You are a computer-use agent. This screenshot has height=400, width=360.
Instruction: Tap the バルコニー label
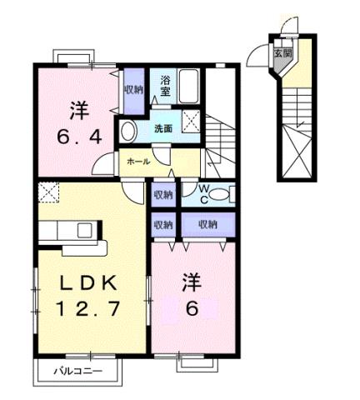coord(79,369)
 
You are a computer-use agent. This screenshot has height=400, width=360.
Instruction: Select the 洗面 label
coord(162,128)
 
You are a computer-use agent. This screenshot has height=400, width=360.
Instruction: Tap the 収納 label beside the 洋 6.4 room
coord(133,89)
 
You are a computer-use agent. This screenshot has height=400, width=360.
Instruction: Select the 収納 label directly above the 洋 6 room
coord(207,224)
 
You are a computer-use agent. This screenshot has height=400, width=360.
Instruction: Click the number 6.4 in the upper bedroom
coord(80,136)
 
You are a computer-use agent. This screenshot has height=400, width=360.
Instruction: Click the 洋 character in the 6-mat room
coord(191,283)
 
